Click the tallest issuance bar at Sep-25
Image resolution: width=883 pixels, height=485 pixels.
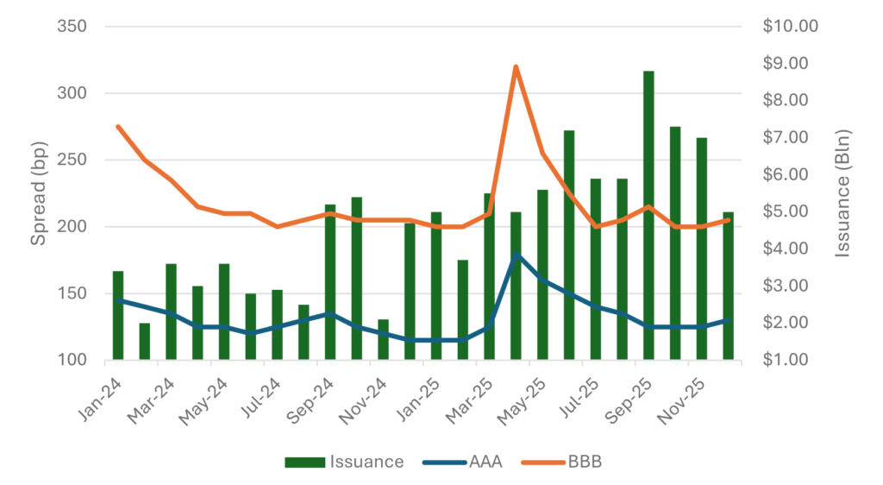click(x=648, y=216)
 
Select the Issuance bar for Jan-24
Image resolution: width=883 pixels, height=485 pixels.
click(x=118, y=315)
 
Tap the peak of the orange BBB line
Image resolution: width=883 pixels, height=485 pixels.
click(x=516, y=66)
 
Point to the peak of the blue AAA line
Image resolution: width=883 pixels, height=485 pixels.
click(x=516, y=255)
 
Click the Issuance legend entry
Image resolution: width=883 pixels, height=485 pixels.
click(x=344, y=462)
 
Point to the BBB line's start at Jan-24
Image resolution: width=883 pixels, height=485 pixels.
click(x=118, y=126)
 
